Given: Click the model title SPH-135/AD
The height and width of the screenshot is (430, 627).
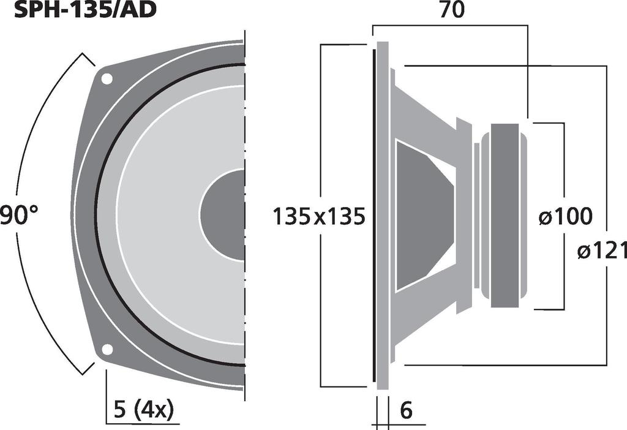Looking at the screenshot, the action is coord(84,10).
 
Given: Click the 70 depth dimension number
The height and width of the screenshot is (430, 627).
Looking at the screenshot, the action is coord(452,10).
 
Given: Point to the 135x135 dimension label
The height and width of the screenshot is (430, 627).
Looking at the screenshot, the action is coord(318,216).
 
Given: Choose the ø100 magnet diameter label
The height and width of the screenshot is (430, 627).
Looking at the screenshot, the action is coord(565,216).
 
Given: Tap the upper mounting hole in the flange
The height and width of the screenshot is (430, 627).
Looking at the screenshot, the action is coord(107,79).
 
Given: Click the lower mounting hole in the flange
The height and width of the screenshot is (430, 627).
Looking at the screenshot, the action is coord(107,350).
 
